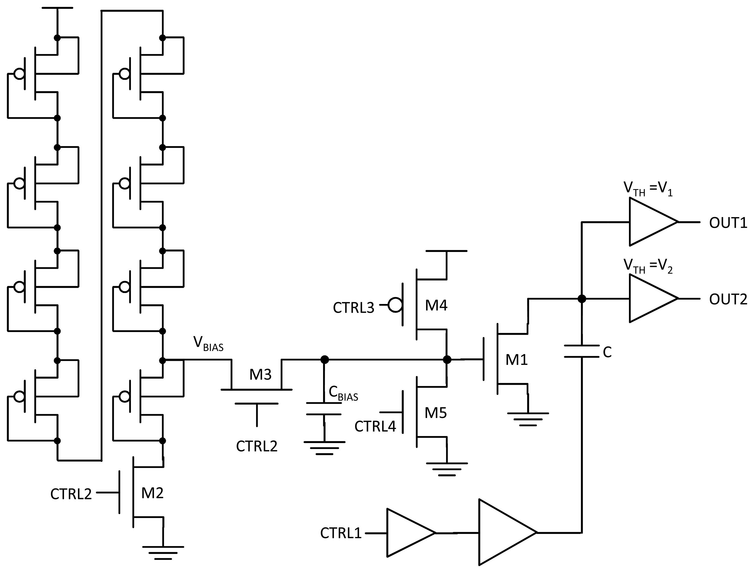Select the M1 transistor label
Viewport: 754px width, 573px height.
point(516,360)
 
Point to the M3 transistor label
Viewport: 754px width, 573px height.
point(260,375)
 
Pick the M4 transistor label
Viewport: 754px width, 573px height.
point(436,305)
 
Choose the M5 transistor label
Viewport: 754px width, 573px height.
point(436,413)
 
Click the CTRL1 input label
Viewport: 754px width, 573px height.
point(340,533)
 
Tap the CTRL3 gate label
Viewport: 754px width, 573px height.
point(353,308)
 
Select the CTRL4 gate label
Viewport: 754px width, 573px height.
point(375,426)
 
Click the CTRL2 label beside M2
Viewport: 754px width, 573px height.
point(71,494)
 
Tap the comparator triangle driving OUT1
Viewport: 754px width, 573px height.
point(648,222)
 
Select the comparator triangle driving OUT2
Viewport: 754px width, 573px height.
point(648,299)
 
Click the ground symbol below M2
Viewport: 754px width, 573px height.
point(163,553)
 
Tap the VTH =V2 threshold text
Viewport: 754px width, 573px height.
point(648,266)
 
